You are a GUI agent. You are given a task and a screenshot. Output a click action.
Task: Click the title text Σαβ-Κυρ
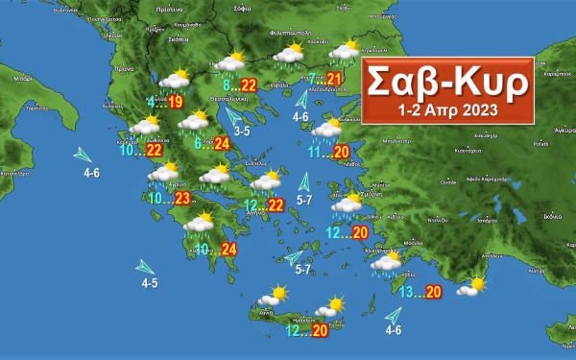click(x=447, y=82)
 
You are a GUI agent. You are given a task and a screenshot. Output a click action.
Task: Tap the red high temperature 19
click(x=176, y=101)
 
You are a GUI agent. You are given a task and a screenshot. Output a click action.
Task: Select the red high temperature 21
click(x=334, y=79)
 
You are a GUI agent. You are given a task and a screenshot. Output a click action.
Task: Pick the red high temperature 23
click(x=183, y=199)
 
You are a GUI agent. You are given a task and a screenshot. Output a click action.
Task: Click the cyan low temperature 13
click(x=407, y=292)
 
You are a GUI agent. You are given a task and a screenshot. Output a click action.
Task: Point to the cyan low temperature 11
click(x=316, y=152)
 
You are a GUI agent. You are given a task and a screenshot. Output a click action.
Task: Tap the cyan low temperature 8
click(x=225, y=85)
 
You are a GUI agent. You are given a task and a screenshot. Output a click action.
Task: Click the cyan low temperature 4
click(x=151, y=101)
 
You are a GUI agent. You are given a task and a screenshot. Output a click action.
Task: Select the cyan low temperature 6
click(x=198, y=144)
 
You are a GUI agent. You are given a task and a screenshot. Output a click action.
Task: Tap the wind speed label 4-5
click(x=150, y=283)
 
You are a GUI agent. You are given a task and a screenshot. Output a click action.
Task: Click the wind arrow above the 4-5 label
click(x=146, y=266)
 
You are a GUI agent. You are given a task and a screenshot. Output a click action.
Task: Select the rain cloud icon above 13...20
click(x=387, y=264)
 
